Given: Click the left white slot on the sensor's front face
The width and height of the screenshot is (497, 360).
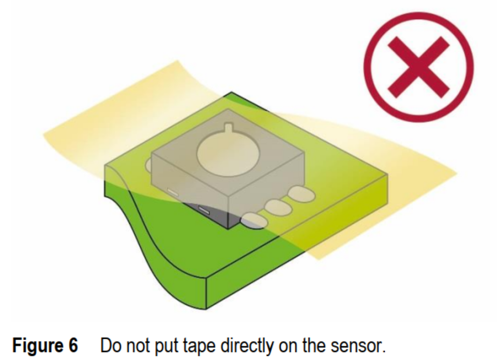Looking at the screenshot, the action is point(173,192).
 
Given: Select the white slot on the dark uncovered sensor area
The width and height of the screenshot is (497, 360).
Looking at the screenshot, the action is point(203,210).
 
